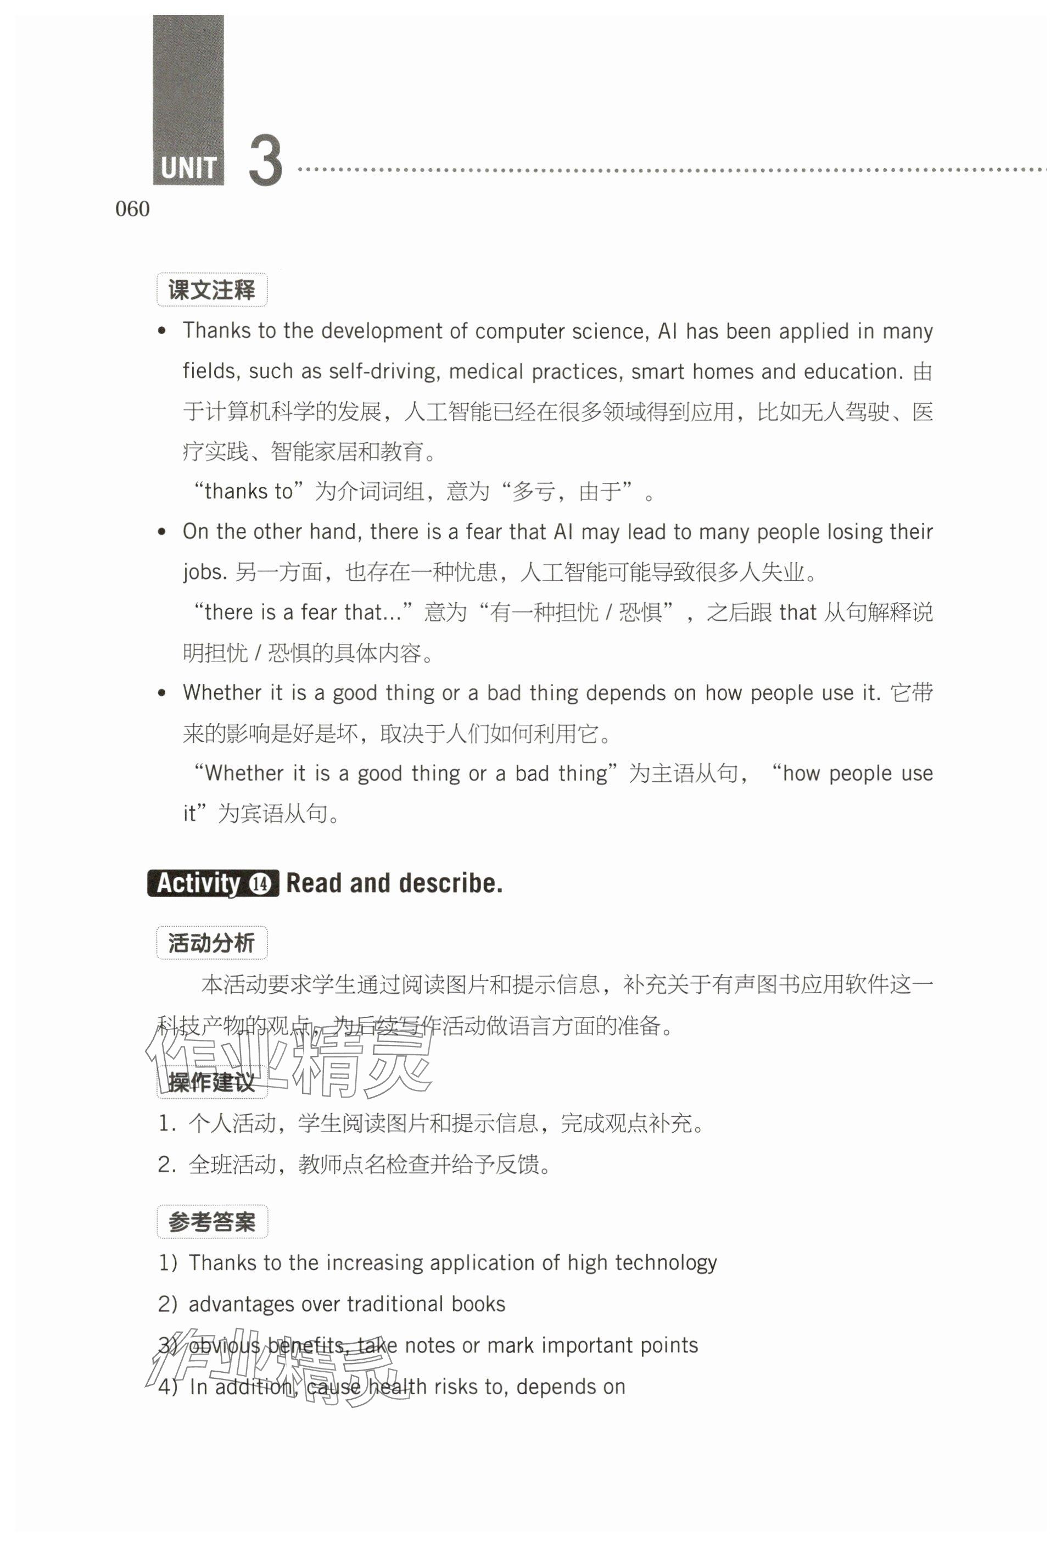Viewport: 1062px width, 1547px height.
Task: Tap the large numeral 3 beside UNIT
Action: (266, 161)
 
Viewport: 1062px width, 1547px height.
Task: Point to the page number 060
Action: (132, 209)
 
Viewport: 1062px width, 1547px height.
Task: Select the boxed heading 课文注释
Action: (211, 290)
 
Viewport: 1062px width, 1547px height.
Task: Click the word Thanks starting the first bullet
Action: (216, 331)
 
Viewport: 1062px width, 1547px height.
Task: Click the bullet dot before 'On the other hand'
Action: (161, 532)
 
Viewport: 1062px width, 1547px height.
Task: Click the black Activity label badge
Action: (198, 883)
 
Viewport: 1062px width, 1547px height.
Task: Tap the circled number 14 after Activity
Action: (260, 884)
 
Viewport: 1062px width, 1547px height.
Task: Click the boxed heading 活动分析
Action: (211, 943)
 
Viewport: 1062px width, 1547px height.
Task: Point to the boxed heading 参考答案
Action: (211, 1221)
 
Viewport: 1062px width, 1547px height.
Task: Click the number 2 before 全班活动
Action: (165, 1164)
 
